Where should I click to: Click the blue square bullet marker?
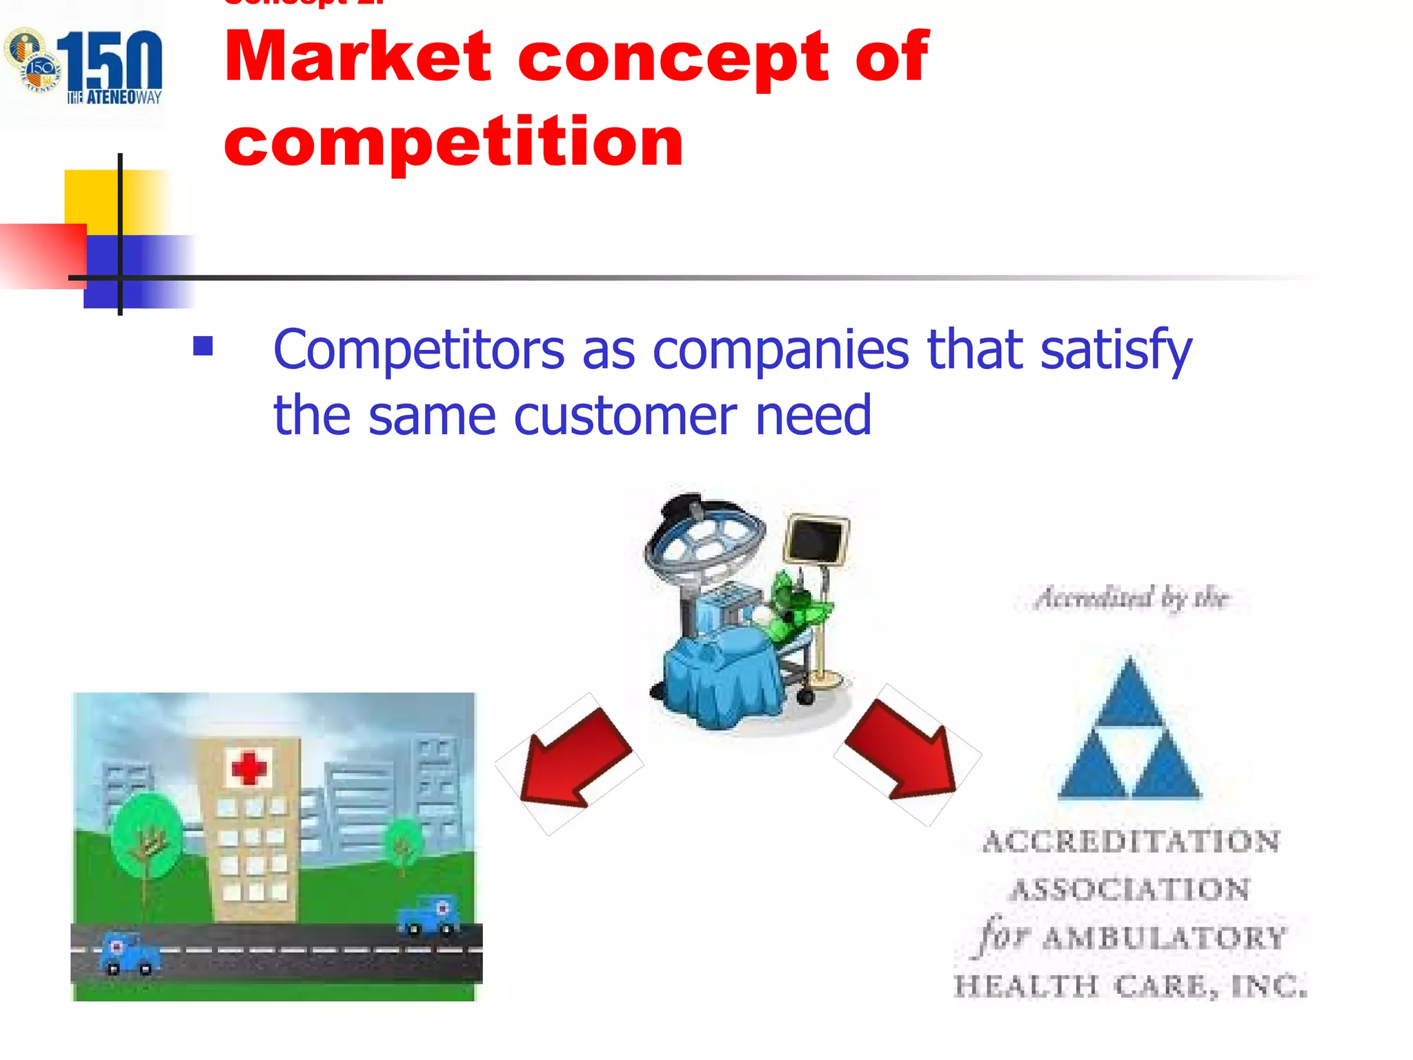(x=203, y=346)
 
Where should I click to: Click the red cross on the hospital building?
(x=248, y=767)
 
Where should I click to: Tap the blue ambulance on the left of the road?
(x=129, y=954)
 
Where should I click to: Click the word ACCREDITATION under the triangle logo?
(x=1131, y=842)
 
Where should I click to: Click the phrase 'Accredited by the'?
(x=1132, y=598)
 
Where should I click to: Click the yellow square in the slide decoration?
(x=93, y=197)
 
